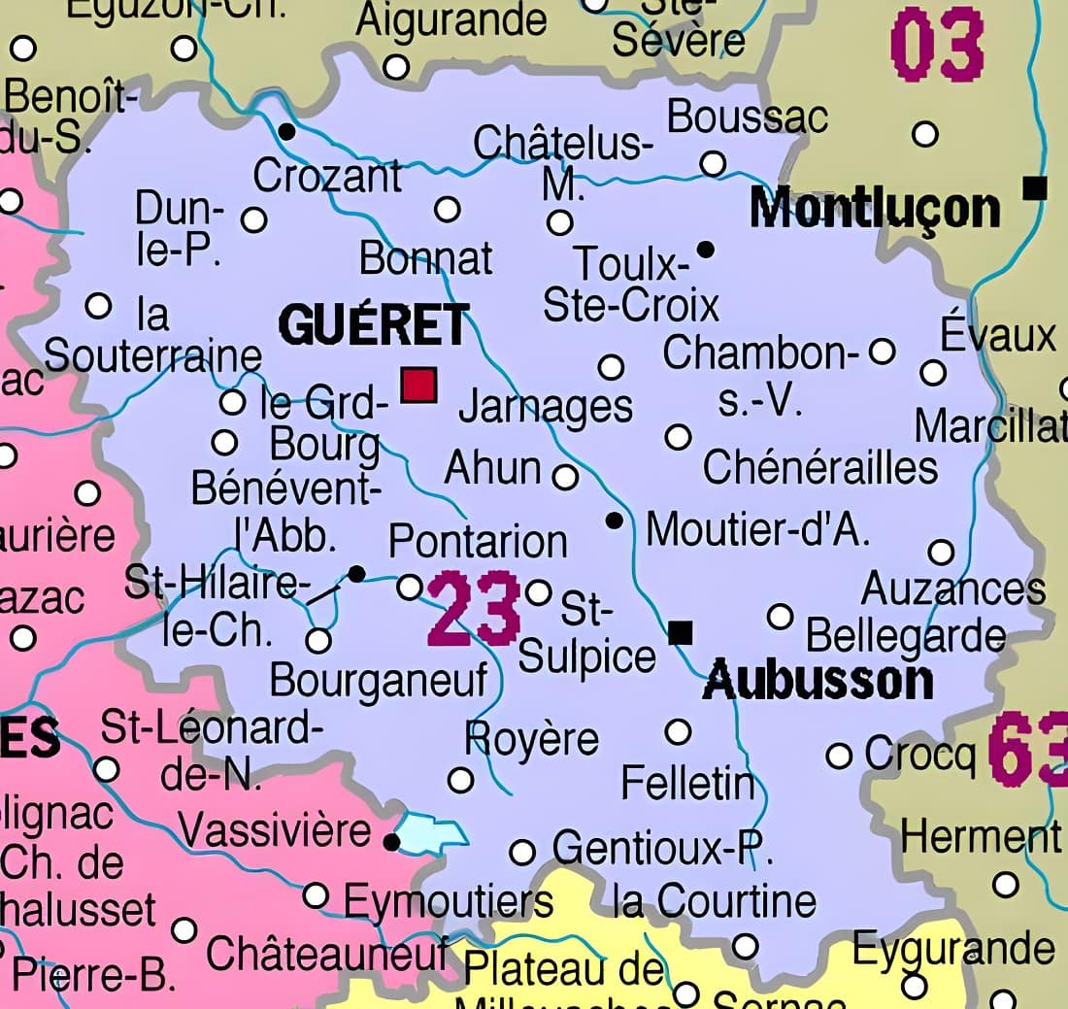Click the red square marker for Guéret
(x=419, y=385)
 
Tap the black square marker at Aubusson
(x=682, y=633)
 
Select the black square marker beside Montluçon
(x=1036, y=186)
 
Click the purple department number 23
(x=475, y=611)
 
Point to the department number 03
(x=937, y=46)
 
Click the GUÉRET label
(x=374, y=324)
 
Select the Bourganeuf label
(x=379, y=680)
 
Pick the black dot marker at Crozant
(x=286, y=130)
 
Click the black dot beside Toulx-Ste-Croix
(x=706, y=250)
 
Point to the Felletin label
(x=687, y=782)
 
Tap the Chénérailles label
(x=819, y=467)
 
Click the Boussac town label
(x=748, y=117)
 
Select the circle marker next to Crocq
(x=839, y=756)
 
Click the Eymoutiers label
(x=449, y=902)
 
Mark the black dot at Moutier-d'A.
(x=614, y=521)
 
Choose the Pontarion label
(x=478, y=541)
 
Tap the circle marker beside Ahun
(x=565, y=477)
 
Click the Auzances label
(x=953, y=589)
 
